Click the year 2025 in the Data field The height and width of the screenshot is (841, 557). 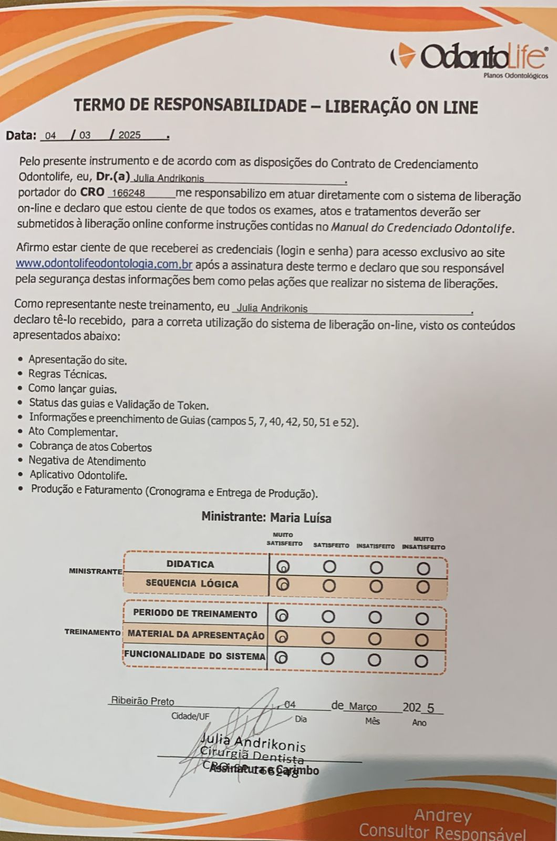[x=129, y=135]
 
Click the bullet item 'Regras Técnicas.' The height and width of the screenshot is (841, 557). [x=68, y=375]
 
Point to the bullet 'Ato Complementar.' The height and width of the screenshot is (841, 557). [x=73, y=433]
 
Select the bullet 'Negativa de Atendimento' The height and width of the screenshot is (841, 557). [x=87, y=462]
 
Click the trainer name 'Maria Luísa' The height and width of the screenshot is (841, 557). [x=301, y=518]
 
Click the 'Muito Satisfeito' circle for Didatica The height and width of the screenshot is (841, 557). [x=283, y=567]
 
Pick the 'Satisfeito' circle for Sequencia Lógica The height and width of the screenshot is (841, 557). [x=329, y=586]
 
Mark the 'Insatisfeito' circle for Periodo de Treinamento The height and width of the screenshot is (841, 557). [x=375, y=616]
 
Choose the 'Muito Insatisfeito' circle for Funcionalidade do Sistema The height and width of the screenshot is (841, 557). [x=421, y=661]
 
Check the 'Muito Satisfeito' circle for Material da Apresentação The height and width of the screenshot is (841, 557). [x=283, y=637]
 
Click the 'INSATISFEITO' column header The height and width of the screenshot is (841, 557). [x=376, y=546]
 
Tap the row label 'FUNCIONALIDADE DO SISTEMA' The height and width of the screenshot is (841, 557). [x=195, y=656]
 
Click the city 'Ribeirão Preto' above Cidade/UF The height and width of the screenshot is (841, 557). [x=142, y=701]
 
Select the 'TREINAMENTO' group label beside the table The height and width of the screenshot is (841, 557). [x=92, y=632]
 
